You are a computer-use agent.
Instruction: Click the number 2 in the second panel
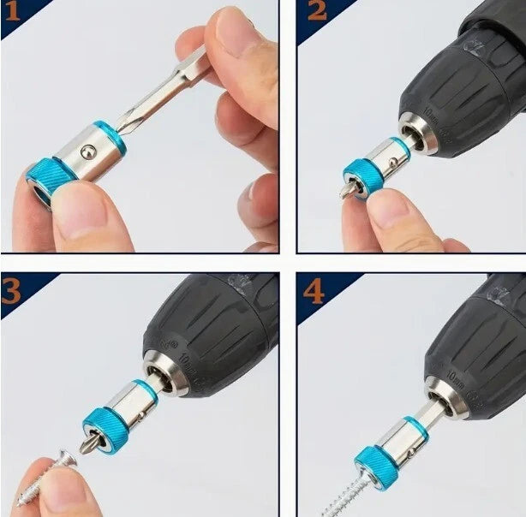coord(317,12)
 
